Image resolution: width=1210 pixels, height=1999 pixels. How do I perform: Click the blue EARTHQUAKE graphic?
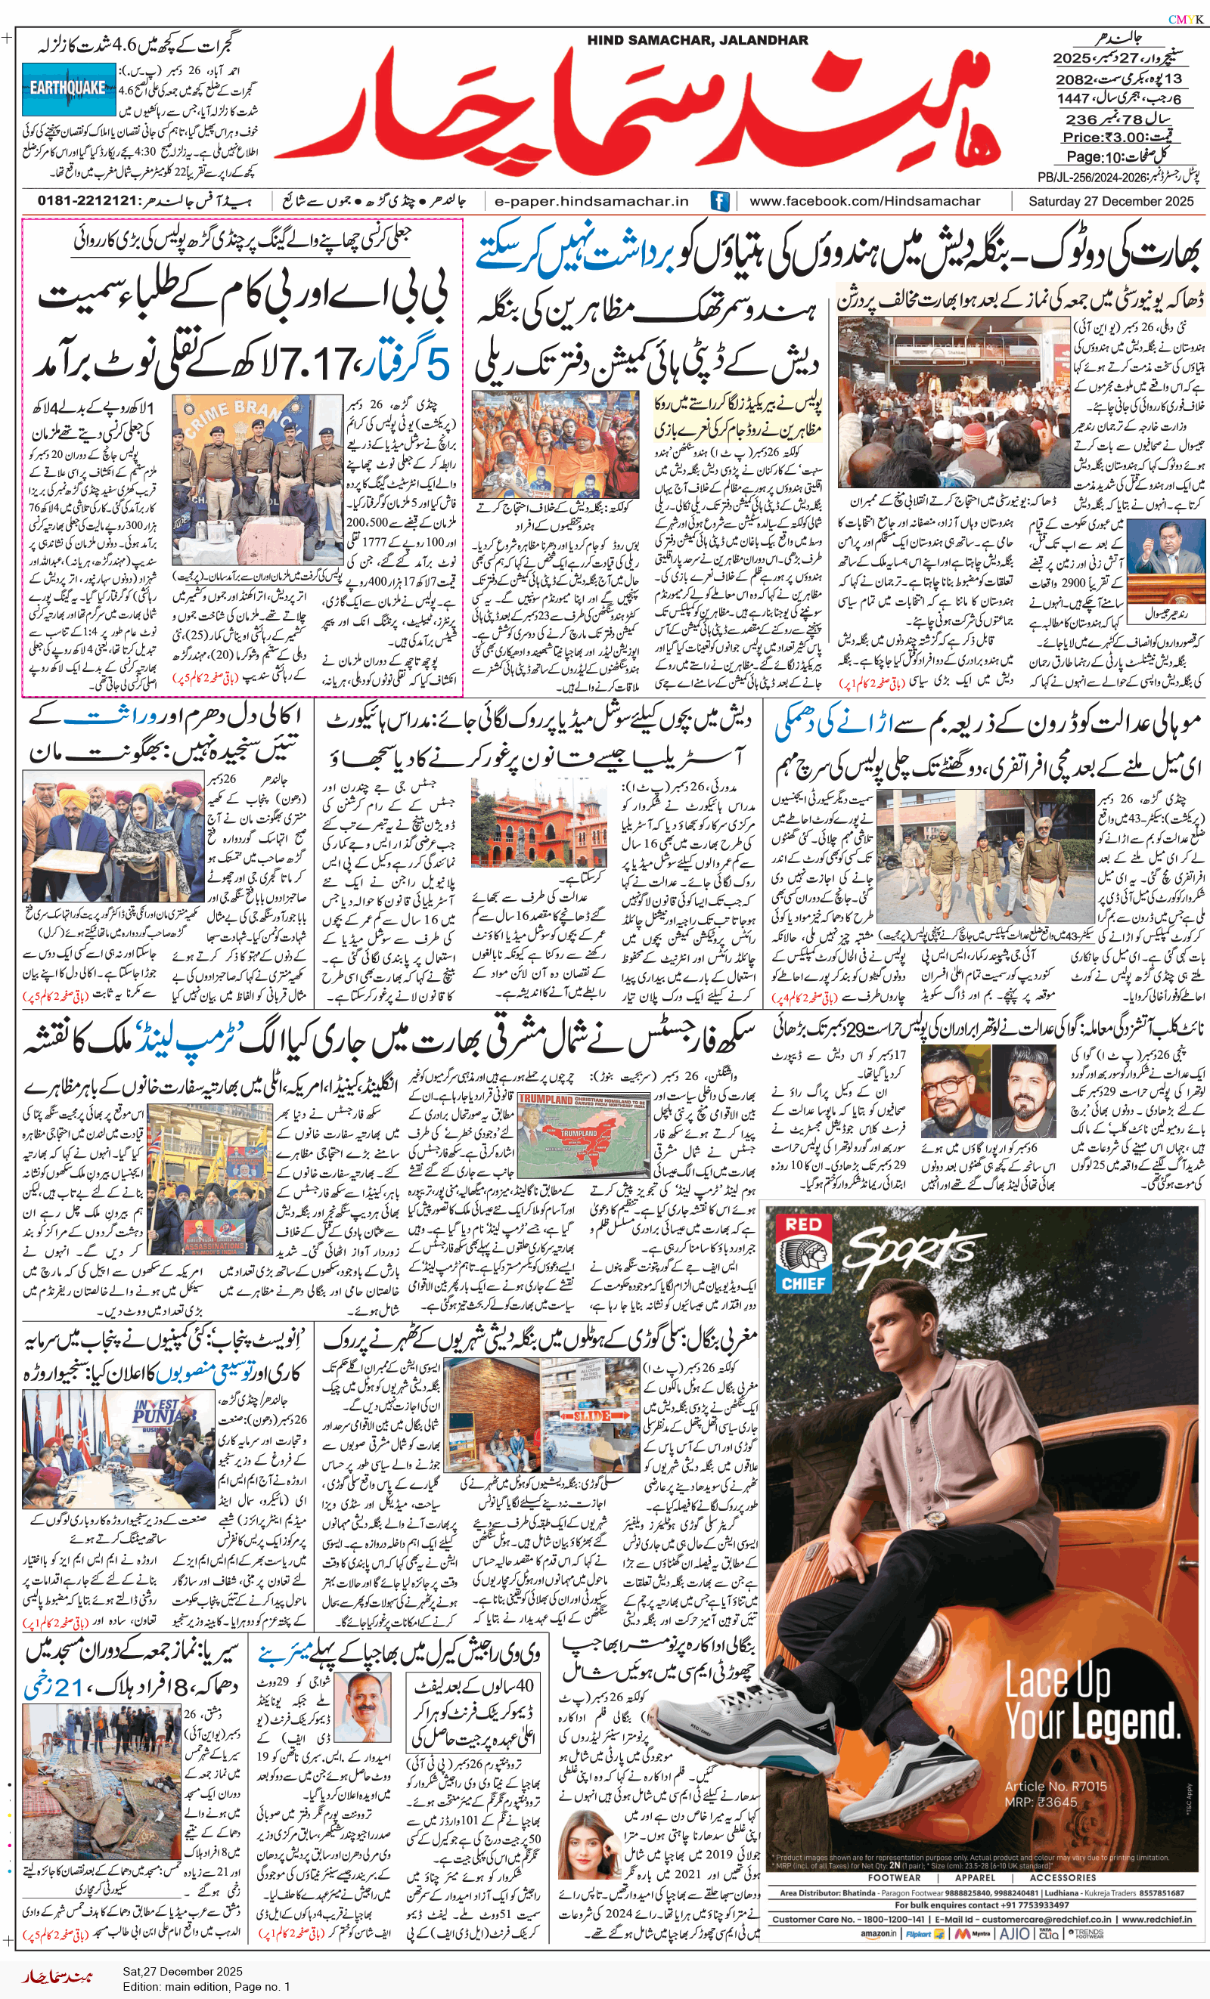tap(68, 87)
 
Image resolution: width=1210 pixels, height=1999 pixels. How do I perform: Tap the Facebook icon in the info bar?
tap(719, 201)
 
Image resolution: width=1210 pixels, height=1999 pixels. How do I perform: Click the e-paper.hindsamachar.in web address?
tap(591, 201)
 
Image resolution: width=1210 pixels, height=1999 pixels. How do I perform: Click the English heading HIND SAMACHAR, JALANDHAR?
tap(697, 40)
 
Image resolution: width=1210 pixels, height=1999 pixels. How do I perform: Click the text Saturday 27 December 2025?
tap(1110, 201)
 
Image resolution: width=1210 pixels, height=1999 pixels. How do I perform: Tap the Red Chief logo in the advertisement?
tap(802, 1253)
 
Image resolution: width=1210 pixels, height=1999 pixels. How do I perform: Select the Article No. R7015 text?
tap(1055, 1787)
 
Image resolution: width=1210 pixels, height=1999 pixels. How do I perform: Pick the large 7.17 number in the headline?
tap(318, 364)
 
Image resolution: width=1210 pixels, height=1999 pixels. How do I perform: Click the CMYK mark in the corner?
tap(1186, 19)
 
